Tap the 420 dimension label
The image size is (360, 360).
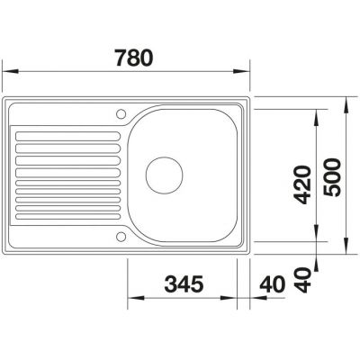[302, 183]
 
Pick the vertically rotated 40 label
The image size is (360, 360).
[302, 279]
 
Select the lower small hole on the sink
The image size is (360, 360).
[121, 237]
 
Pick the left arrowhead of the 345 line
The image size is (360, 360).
[130, 300]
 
